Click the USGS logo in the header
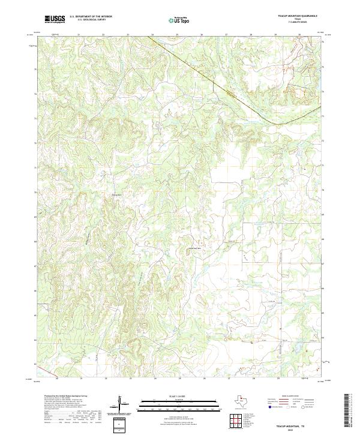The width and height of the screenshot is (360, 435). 55,19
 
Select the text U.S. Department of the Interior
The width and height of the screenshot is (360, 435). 91,17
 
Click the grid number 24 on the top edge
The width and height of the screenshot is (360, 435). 152,35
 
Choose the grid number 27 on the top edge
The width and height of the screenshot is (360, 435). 226,35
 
